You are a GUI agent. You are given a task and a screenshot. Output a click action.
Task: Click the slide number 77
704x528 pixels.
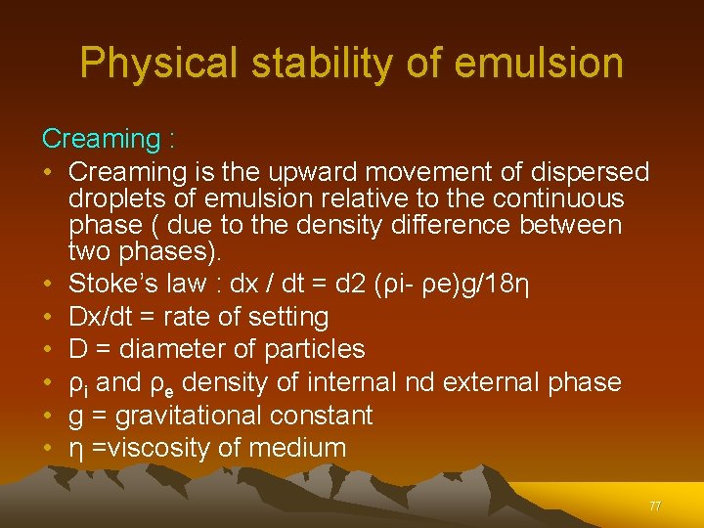tap(655, 506)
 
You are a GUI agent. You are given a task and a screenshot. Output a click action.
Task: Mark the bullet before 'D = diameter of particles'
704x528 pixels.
tap(48, 349)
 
